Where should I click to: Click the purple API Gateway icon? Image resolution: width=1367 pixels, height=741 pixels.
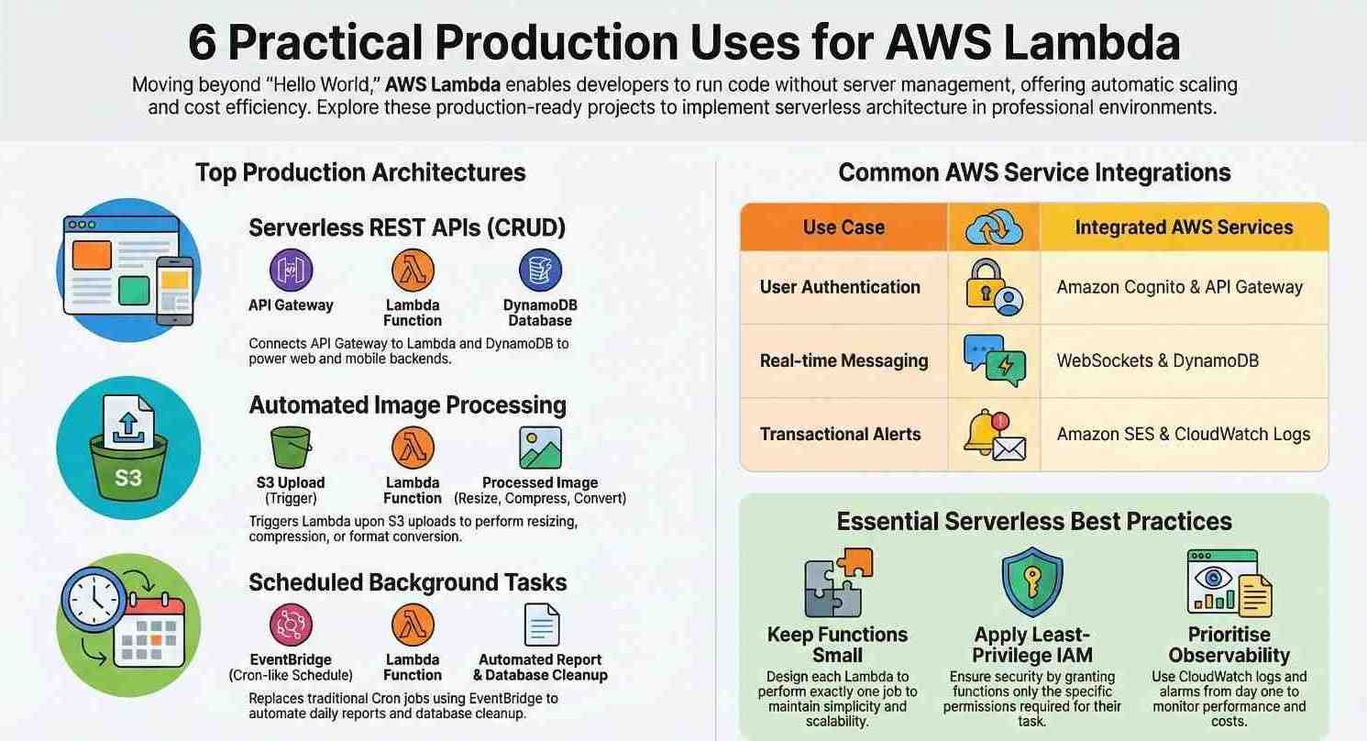point(291,271)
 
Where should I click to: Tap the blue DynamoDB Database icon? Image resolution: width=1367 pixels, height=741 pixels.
point(540,271)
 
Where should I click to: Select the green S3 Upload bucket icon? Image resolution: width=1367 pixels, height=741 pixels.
point(291,448)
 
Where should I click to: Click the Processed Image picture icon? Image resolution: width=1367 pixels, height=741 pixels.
point(540,448)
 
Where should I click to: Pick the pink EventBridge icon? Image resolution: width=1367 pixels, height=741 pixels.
point(291,625)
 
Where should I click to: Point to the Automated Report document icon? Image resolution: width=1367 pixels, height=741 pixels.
point(541,625)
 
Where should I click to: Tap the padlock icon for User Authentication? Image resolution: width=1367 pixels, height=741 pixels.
point(993,288)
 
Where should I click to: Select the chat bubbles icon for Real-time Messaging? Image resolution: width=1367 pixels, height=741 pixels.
point(994,360)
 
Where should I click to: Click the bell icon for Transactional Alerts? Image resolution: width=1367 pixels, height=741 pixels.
point(993,435)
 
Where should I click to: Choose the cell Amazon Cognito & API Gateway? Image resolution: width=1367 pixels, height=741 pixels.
point(1179,287)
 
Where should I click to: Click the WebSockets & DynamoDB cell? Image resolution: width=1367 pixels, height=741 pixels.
point(1157,360)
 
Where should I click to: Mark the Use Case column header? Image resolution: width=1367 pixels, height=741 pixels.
point(843,227)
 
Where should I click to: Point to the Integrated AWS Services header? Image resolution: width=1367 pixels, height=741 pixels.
point(1184,227)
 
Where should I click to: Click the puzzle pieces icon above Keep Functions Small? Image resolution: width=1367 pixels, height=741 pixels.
point(837,582)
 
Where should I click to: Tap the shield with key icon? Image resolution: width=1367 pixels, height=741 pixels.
point(1031,583)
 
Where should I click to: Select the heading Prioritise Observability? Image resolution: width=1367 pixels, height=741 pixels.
point(1229,645)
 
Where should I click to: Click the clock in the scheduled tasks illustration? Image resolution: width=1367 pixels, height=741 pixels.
point(94,601)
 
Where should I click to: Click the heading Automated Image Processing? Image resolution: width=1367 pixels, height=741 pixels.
point(407,405)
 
